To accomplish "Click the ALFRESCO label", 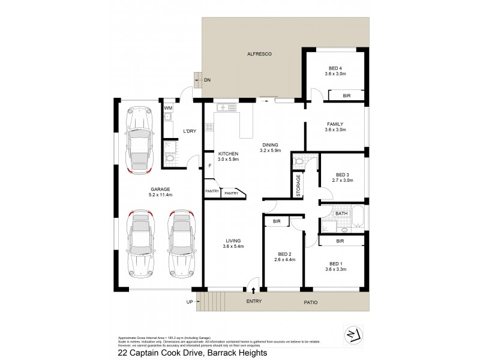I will point(260,55).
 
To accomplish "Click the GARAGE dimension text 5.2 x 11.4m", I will point(161,195).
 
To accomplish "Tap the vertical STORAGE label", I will point(298,186).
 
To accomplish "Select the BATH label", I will point(341,213).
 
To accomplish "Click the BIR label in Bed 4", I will point(346,95).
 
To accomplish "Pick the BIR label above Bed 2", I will point(277,222).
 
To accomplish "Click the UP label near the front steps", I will point(190,302).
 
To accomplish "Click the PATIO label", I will point(308,302).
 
